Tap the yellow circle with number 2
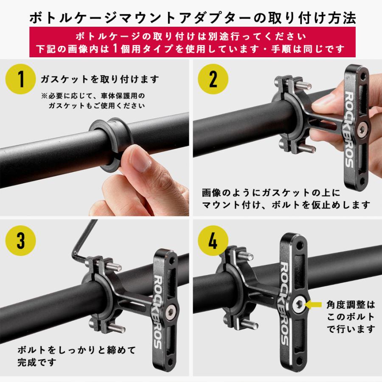click(213, 79)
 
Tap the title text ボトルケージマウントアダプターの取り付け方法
click(191, 17)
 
